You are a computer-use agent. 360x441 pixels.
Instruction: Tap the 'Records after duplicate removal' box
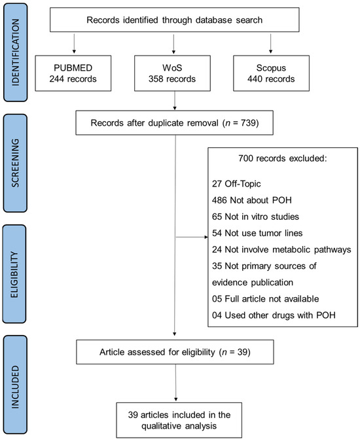click(x=173, y=122)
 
